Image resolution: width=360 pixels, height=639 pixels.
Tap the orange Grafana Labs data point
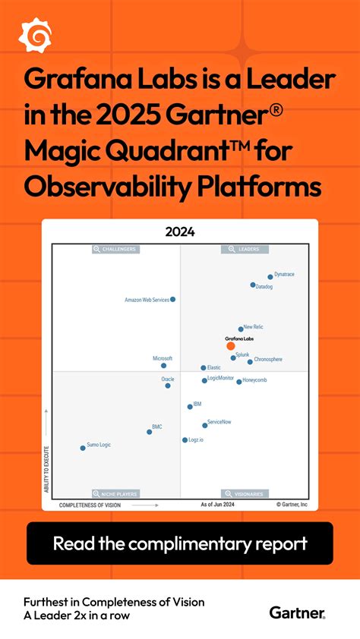231,345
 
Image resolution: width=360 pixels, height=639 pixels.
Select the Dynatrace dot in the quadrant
270,277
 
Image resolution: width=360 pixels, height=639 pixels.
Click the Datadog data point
253,285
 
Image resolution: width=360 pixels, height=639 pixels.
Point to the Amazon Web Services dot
173,300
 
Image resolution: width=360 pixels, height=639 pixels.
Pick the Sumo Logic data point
83,449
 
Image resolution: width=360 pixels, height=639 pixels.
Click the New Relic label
254,327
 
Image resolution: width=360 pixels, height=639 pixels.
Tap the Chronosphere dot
250,362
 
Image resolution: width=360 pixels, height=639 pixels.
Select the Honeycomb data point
239,382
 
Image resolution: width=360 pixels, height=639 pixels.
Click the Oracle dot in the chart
168,386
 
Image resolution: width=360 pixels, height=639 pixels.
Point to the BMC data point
149,432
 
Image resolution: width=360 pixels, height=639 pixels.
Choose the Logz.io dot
185,440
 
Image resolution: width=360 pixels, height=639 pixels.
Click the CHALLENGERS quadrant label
115,249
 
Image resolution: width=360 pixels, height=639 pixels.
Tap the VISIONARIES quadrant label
245,493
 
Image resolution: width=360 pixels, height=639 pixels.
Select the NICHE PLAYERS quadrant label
115,493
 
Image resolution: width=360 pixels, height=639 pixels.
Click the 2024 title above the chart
180,232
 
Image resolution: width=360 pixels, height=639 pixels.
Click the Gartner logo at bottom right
297,612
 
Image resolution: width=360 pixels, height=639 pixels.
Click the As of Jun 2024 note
216,504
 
